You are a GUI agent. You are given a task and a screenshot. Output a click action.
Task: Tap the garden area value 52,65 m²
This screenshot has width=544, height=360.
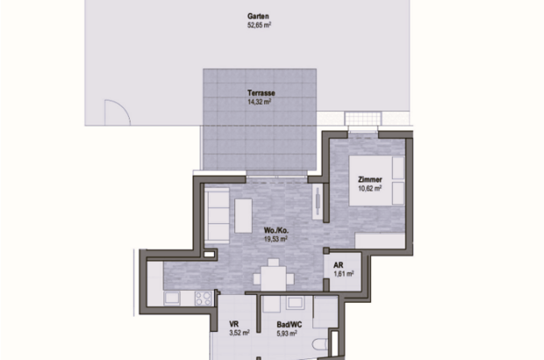[x=258, y=25]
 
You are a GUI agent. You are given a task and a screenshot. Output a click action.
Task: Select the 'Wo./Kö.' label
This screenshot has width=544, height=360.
[x=276, y=232]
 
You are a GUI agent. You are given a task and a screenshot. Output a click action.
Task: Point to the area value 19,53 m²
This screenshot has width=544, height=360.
[x=276, y=241]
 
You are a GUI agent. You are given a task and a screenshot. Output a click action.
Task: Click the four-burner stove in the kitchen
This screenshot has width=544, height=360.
[x=204, y=298]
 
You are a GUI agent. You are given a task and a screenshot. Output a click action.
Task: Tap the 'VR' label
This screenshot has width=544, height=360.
[x=235, y=323]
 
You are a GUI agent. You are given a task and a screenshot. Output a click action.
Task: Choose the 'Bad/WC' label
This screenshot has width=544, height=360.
[x=289, y=323]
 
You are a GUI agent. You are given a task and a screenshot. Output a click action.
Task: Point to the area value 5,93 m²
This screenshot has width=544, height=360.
[x=289, y=333]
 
